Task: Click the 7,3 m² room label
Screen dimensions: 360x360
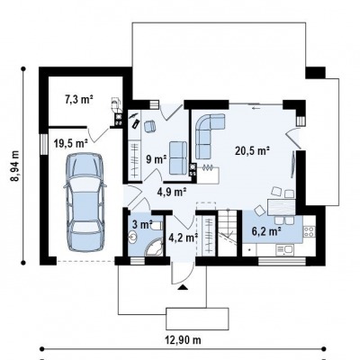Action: pos(79,99)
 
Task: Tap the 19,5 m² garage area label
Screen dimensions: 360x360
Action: pos(71,143)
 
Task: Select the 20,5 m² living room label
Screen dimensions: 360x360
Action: pos(252,150)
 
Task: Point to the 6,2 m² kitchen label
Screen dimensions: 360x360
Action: pos(266,231)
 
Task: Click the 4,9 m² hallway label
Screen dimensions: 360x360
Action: pos(172,191)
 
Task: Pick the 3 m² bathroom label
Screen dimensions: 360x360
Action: pos(143,224)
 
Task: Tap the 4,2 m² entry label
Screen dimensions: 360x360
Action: pos(183,238)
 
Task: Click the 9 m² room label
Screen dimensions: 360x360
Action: pos(157,159)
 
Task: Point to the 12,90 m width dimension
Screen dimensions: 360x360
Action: pos(183,340)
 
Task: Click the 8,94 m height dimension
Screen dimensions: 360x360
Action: pos(14,166)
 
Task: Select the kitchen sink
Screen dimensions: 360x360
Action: pos(284,249)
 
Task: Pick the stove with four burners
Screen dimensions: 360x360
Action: pos(309,231)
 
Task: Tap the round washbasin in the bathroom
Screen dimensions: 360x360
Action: pos(132,238)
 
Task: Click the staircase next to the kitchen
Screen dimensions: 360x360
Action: pos(227,233)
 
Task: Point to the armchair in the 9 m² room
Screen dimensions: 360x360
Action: pos(149,126)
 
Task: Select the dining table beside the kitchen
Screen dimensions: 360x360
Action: pos(282,207)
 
